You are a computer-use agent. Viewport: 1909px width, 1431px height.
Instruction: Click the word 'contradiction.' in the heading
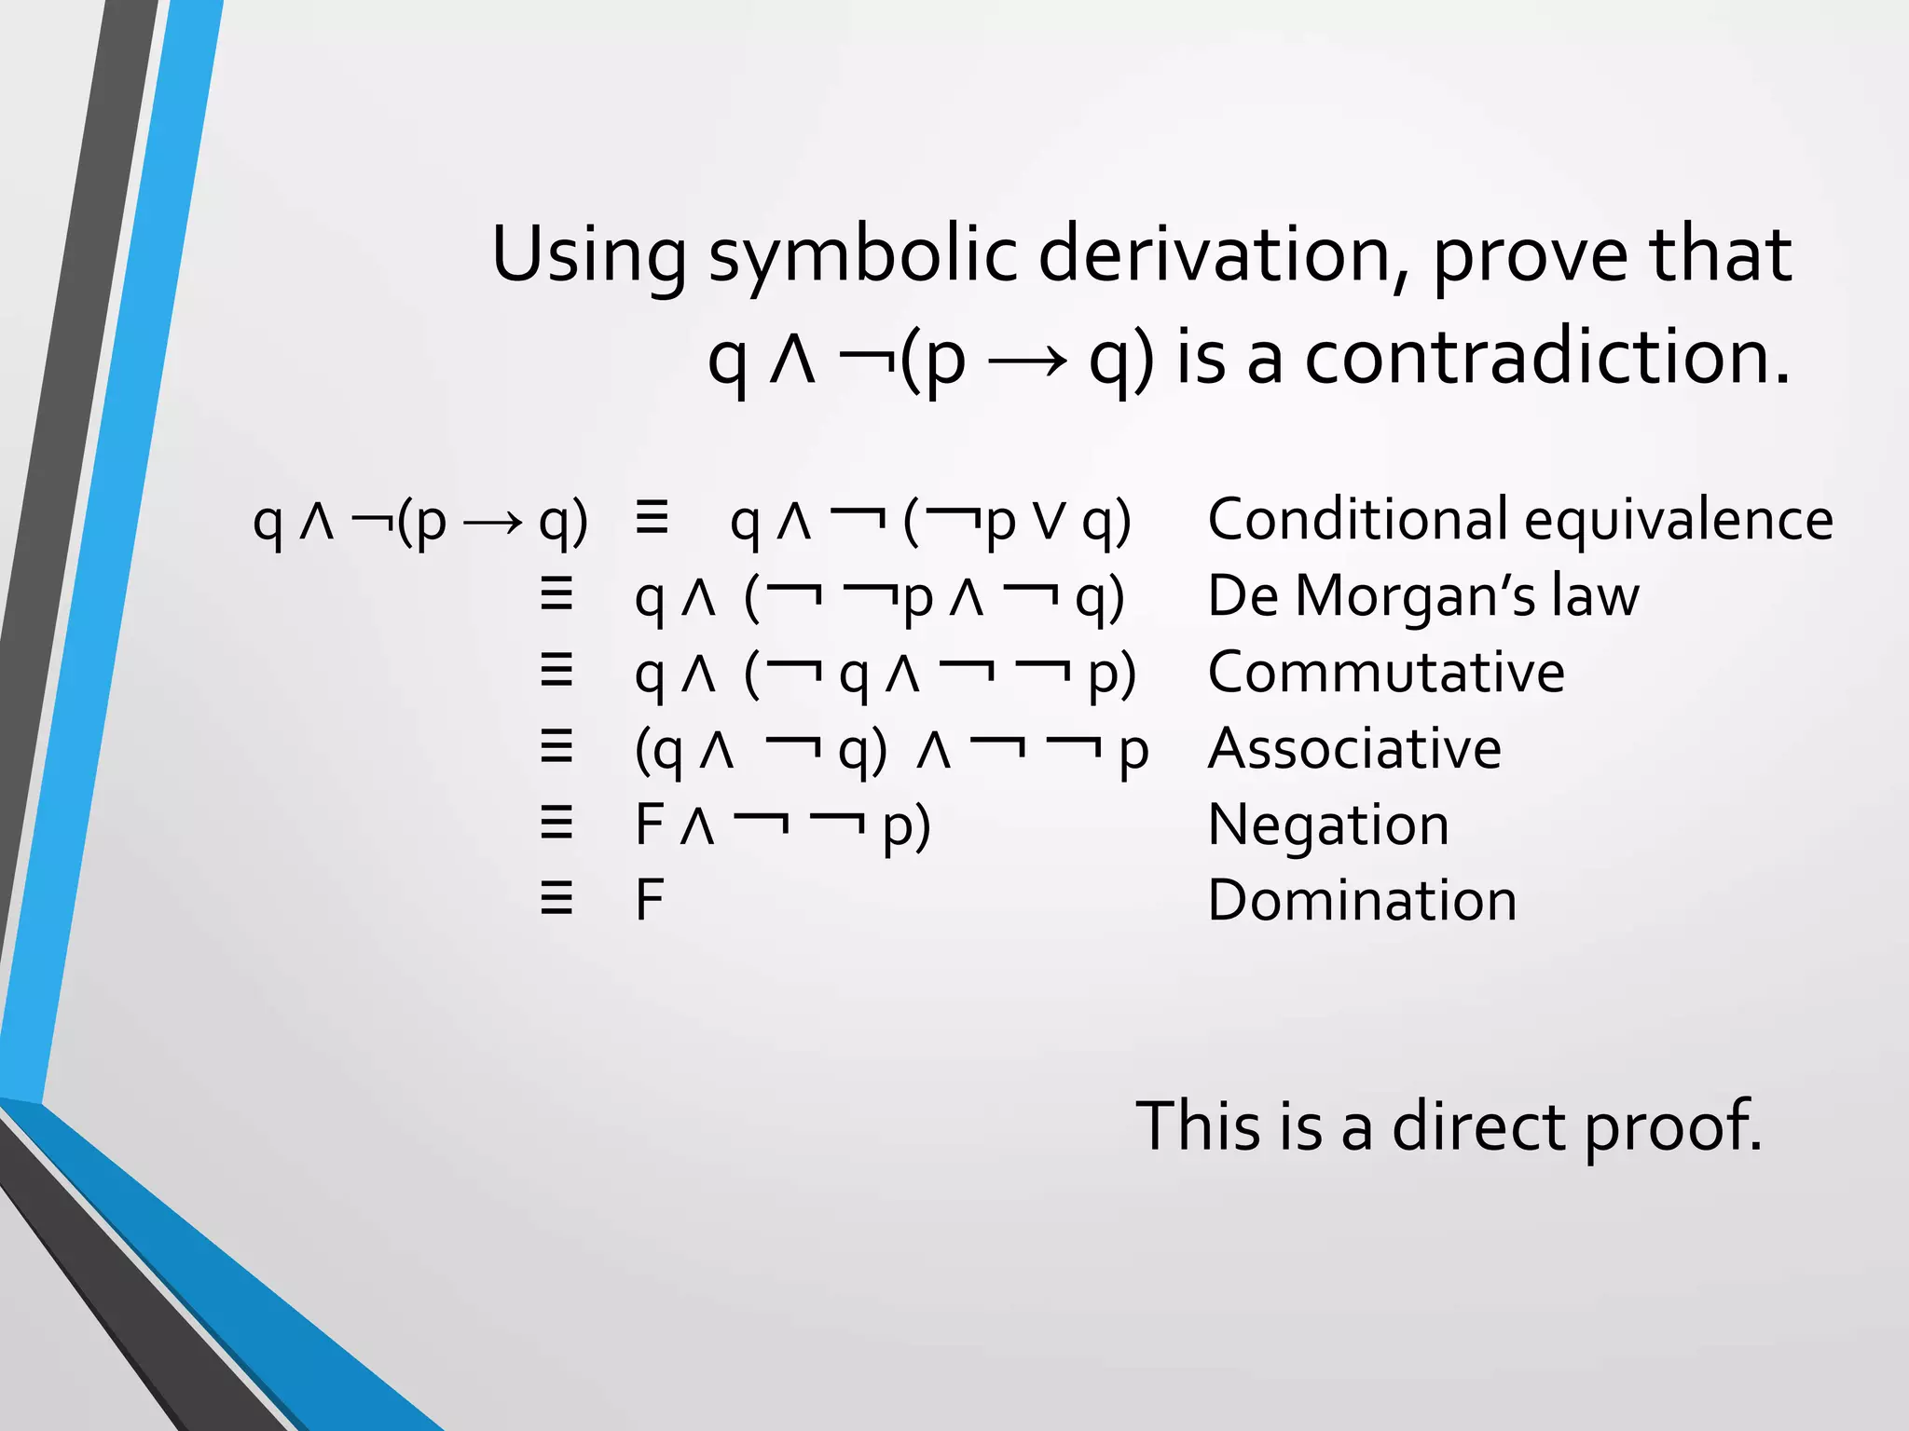pyautogui.click(x=1547, y=359)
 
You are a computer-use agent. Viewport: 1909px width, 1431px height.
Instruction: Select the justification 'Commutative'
pyautogui.click(x=1386, y=672)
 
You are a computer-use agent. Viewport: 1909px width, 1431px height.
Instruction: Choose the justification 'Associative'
pyautogui.click(x=1354, y=748)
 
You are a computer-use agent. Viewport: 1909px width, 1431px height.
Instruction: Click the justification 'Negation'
pyautogui.click(x=1328, y=825)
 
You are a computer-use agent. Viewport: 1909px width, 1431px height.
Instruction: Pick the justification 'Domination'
pyautogui.click(x=1362, y=901)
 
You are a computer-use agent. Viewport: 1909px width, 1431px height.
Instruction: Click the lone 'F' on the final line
pyautogui.click(x=649, y=901)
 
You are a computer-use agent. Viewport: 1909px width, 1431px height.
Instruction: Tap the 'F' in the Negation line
pyautogui.click(x=649, y=825)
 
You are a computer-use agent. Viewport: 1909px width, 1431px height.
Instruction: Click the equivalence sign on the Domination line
pyautogui.click(x=556, y=900)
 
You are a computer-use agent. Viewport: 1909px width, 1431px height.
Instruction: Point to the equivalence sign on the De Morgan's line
pyautogui.click(x=556, y=594)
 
